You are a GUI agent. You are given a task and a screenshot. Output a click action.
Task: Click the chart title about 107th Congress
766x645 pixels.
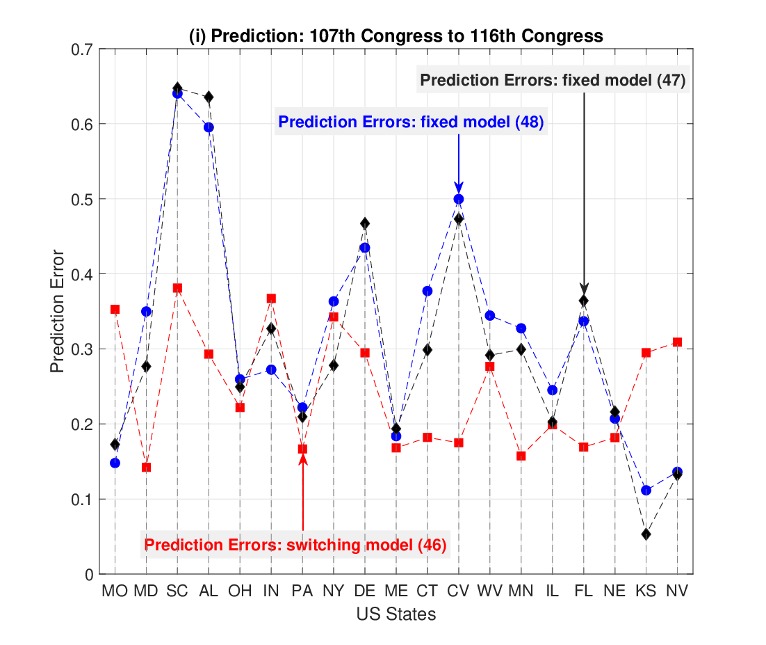tap(396, 35)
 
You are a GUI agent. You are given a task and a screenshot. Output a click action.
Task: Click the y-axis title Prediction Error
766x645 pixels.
tap(57, 312)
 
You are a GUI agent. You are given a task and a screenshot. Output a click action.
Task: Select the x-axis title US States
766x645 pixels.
tap(396, 614)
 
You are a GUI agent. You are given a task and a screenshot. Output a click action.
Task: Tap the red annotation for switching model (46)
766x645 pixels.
tap(295, 544)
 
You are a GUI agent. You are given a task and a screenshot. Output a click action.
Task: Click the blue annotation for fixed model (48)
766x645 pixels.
tap(411, 121)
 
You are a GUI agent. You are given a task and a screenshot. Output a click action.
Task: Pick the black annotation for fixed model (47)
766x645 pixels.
tap(553, 80)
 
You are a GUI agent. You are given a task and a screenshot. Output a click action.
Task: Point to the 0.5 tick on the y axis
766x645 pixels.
tap(82, 199)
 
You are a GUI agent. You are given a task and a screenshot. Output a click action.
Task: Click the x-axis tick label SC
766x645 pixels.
tap(177, 591)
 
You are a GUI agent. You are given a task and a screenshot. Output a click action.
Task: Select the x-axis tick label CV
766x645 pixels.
tap(458, 591)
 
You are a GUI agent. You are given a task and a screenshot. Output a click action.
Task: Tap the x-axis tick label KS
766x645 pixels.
tap(646, 591)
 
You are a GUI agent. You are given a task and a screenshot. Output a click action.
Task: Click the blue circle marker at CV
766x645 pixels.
tap(459, 199)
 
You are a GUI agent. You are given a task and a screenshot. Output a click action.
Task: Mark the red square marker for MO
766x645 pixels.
tap(115, 309)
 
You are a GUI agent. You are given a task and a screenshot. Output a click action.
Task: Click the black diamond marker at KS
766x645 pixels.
tap(646, 534)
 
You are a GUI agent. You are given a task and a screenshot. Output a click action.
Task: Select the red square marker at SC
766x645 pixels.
tap(177, 288)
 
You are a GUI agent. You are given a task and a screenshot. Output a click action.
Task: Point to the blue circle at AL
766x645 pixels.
tap(209, 127)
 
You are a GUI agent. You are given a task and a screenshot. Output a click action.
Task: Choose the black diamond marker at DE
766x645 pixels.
tap(365, 223)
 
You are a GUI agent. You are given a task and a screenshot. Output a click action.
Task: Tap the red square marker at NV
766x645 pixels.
tap(677, 342)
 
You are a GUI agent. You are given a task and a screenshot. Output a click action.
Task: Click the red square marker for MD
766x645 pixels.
tap(146, 468)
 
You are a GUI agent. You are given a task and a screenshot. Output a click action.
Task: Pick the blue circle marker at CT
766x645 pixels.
tap(427, 291)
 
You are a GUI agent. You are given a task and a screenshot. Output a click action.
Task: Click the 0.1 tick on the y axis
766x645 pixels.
tap(82, 500)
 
